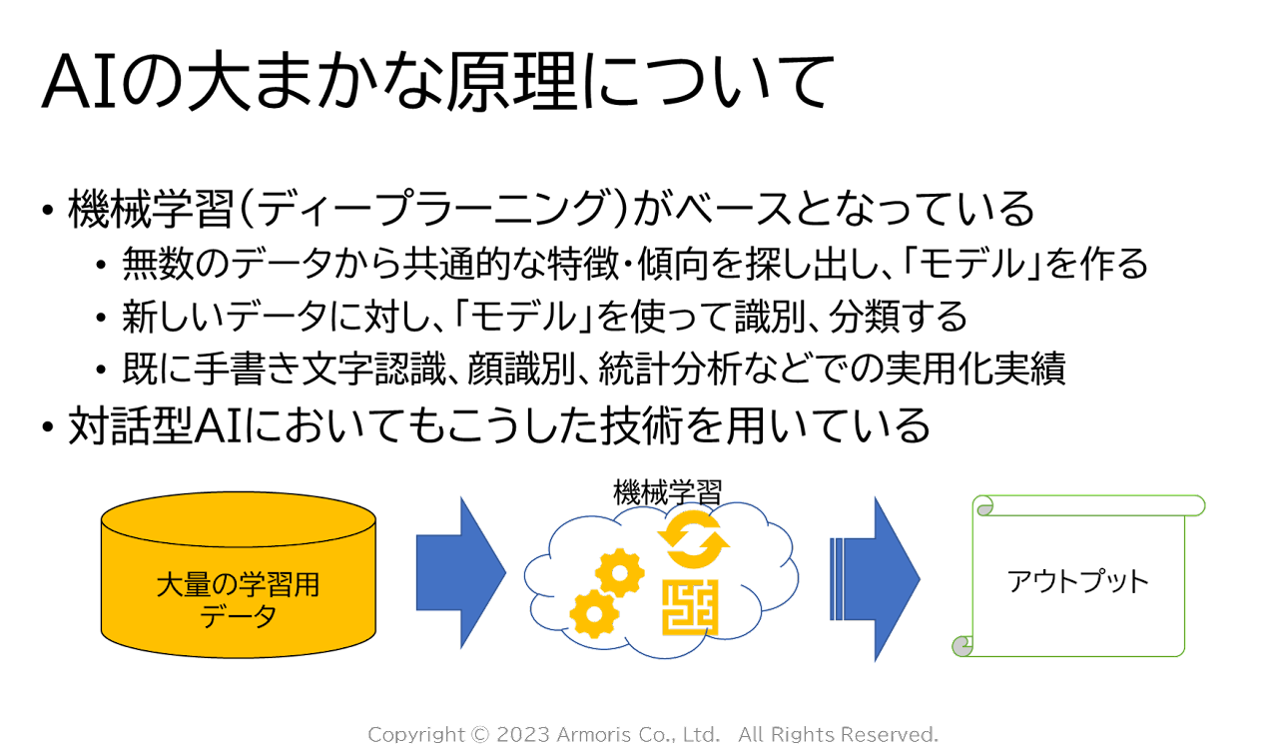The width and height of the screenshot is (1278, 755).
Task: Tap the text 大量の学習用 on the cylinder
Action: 238,584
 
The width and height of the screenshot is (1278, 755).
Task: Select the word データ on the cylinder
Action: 238,617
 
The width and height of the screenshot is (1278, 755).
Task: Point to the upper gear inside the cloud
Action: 620,573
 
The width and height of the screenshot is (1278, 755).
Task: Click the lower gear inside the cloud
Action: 593,613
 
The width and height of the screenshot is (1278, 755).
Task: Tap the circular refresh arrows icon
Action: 694,539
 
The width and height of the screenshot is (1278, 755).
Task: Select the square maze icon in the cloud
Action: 690,606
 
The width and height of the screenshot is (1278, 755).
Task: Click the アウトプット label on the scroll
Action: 1078,581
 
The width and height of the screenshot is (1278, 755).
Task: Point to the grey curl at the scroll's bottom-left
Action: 962,646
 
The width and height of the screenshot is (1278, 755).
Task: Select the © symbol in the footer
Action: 480,735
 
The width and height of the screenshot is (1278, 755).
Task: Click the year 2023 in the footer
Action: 522,735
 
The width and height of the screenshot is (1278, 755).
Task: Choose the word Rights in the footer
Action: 800,735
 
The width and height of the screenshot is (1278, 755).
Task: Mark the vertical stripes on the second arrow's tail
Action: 837,578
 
